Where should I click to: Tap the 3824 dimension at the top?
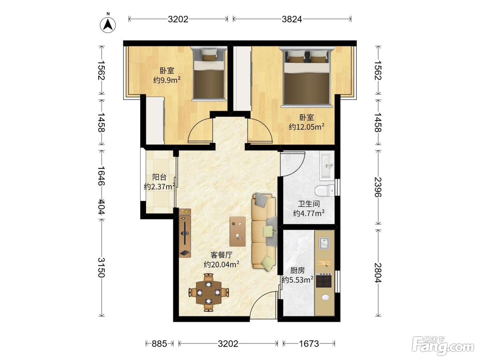[292, 20]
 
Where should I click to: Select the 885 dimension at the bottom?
[159, 344]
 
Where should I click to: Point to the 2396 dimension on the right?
[378, 187]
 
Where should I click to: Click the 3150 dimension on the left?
[101, 267]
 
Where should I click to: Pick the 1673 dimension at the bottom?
[309, 344]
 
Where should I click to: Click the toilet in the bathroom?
[325, 190]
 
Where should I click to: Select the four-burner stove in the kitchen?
[324, 280]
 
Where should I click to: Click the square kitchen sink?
[324, 243]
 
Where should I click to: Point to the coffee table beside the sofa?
[238, 231]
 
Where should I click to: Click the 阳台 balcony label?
[159, 177]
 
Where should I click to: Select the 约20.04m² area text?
[221, 264]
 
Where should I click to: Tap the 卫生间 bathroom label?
[309, 204]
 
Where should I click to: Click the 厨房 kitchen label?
[297, 271]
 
